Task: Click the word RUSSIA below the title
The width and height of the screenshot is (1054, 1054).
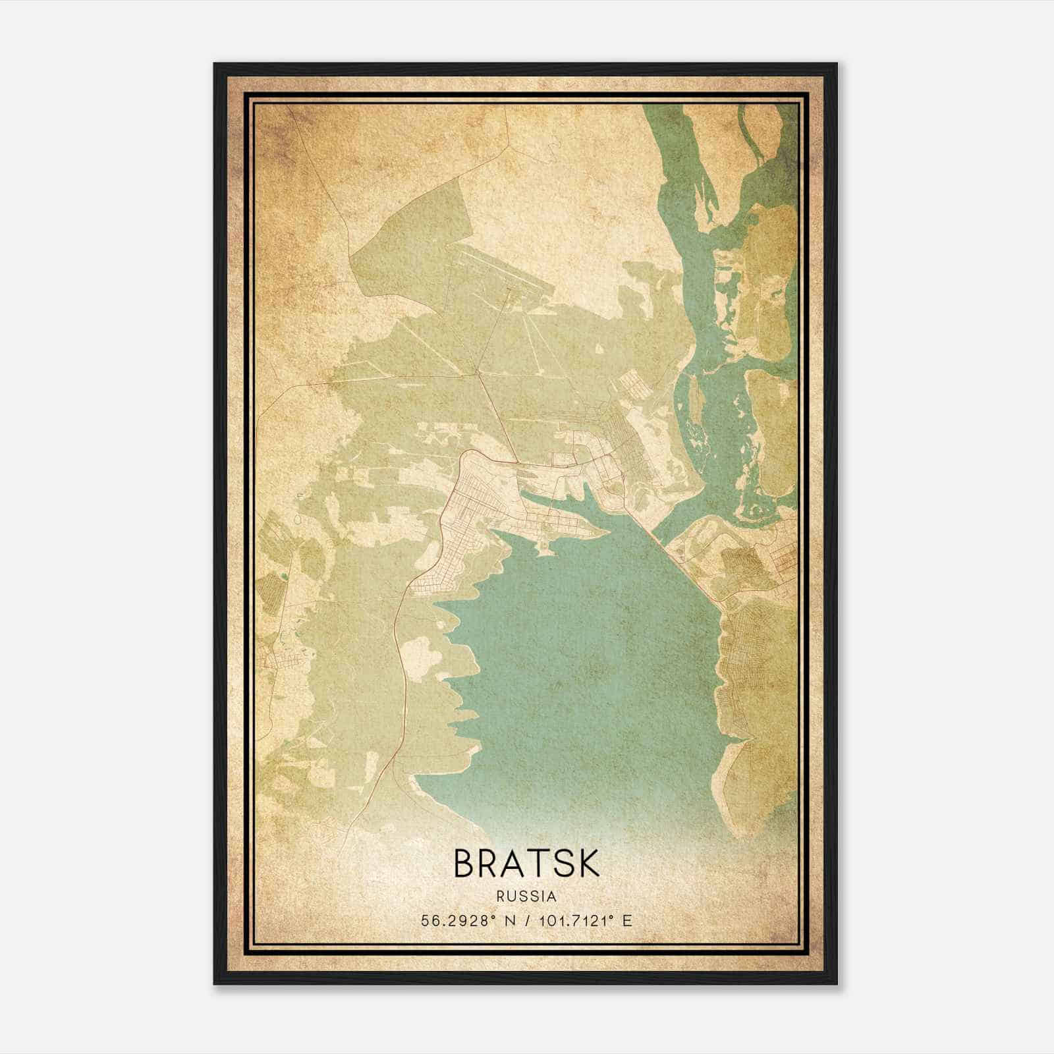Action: (x=527, y=897)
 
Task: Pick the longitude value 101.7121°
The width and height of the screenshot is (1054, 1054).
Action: (x=574, y=921)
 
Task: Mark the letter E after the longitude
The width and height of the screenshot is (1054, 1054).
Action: (x=626, y=921)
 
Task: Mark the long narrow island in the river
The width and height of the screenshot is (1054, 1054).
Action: (x=693, y=395)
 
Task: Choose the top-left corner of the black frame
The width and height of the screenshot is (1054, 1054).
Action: (x=215, y=65)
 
